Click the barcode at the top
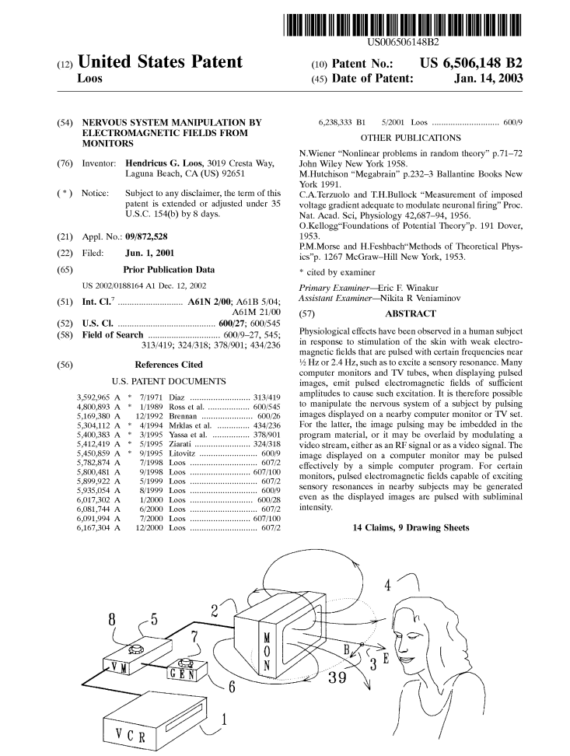point(403,26)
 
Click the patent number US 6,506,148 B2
point(470,63)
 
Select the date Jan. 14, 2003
point(488,79)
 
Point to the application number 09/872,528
point(147,236)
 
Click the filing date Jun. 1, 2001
point(149,253)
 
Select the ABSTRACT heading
point(411,314)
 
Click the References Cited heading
point(169,365)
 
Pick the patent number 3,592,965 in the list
point(93,397)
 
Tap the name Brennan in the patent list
point(183,416)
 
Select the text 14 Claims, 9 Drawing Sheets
point(411,527)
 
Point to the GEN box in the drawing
point(187,670)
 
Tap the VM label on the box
point(120,667)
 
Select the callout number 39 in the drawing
point(337,677)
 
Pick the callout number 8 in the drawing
point(112,620)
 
